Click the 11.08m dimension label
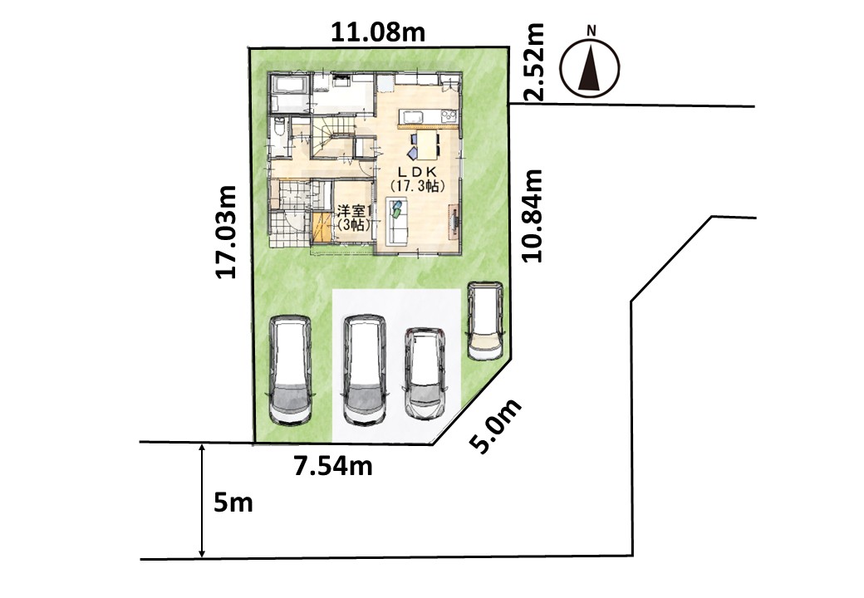(x=378, y=32)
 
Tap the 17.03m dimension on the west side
(x=227, y=232)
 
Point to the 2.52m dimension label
(x=533, y=61)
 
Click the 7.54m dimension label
(x=333, y=467)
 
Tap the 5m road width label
(x=233, y=503)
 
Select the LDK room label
(x=417, y=179)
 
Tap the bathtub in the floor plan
(x=289, y=86)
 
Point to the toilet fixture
(x=279, y=129)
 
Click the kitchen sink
(x=413, y=117)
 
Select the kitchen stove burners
(x=448, y=116)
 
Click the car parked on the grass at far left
(x=291, y=370)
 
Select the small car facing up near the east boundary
(x=485, y=321)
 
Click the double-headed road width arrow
(x=202, y=501)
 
